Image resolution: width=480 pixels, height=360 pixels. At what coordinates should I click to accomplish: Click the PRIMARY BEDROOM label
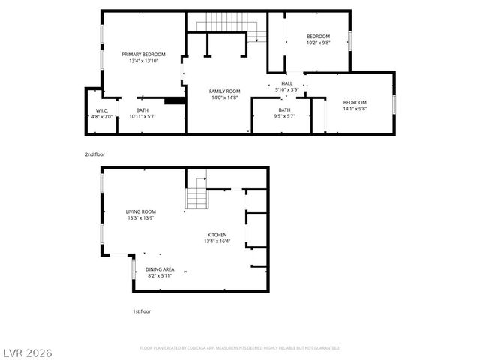[144, 54]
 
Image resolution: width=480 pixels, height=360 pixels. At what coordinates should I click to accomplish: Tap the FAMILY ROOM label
[223, 91]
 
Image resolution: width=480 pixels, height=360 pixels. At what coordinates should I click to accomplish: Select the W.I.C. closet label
[102, 110]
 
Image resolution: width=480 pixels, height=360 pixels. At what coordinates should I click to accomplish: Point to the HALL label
[286, 83]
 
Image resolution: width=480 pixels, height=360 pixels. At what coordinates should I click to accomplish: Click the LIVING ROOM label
[140, 211]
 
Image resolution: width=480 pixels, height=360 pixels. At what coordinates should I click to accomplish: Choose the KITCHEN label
[217, 235]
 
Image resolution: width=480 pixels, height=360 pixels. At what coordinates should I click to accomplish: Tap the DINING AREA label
[160, 268]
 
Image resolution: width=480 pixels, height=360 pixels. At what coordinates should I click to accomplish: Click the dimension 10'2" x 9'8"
[318, 43]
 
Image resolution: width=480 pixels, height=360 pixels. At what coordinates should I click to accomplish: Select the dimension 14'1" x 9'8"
[355, 109]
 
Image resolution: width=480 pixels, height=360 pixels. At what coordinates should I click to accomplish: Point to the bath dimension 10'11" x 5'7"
[142, 116]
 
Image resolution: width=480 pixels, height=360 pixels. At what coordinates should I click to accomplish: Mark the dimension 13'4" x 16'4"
[217, 241]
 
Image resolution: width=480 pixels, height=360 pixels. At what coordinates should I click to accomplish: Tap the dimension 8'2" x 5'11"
[160, 275]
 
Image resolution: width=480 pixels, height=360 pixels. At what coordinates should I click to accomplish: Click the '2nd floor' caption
[95, 154]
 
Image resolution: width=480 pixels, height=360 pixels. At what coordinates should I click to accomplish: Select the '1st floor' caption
[142, 310]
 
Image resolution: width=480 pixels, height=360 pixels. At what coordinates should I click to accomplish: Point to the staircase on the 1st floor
[196, 194]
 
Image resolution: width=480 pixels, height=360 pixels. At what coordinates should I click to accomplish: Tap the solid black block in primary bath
[174, 101]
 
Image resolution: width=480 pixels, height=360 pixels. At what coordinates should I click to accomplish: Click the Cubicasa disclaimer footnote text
[239, 348]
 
